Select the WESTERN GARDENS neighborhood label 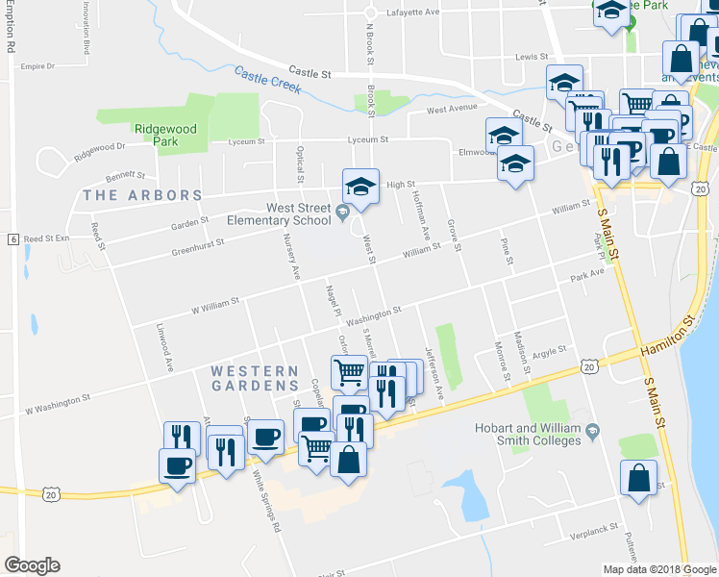255,380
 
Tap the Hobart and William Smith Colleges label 527,434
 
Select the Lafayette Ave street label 412,12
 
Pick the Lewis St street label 531,57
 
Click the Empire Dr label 38,66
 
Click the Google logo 32,565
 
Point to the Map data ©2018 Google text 659,569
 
